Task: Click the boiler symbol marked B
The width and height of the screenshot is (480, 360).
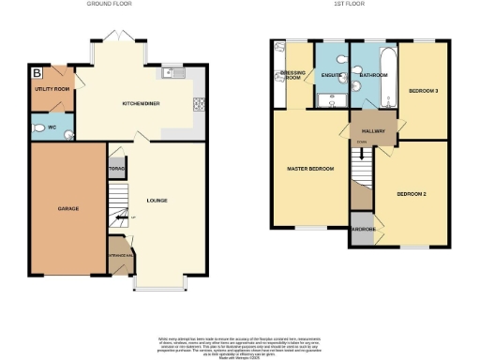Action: pyautogui.click(x=37, y=71)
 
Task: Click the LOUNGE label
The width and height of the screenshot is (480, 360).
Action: pyautogui.click(x=157, y=200)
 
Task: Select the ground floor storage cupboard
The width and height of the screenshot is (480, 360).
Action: pyautogui.click(x=116, y=171)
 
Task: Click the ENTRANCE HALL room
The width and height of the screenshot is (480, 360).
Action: pyautogui.click(x=120, y=261)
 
